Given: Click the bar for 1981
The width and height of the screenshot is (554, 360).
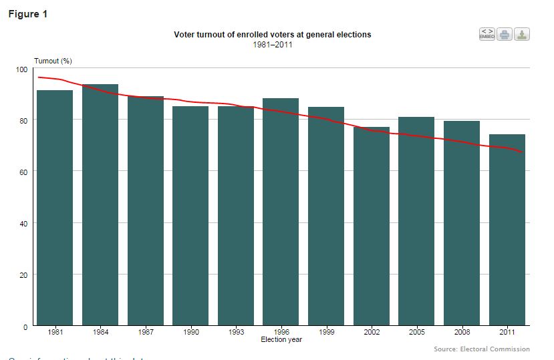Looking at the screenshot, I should (x=55, y=208).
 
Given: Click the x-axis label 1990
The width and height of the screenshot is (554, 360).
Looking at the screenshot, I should (x=190, y=332).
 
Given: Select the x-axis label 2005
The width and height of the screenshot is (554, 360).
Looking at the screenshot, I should (x=416, y=332).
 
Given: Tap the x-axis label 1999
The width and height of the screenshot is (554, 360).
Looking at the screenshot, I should (x=326, y=332).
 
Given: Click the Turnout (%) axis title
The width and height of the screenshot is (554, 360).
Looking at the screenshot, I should (x=53, y=61).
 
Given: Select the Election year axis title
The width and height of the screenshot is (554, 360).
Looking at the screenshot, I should (x=281, y=340).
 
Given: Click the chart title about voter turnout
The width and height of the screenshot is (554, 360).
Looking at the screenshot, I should (x=272, y=34).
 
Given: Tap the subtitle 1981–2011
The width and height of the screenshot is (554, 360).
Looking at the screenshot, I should (x=272, y=44).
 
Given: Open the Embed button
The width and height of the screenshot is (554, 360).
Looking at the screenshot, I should (x=487, y=34).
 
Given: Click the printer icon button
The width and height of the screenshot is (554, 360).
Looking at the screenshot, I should (x=505, y=34).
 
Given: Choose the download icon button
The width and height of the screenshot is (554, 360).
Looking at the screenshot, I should (x=522, y=34).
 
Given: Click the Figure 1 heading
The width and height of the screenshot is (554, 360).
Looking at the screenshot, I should (x=28, y=14).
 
